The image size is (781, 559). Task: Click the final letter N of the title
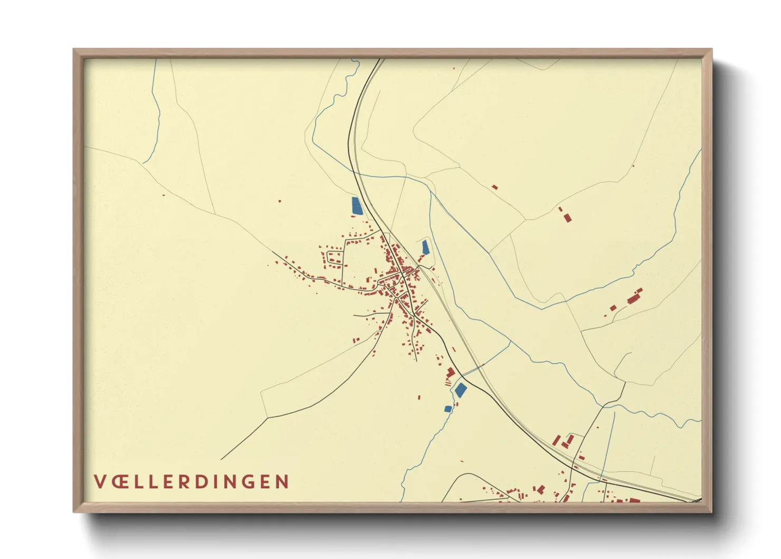pyautogui.click(x=282, y=482)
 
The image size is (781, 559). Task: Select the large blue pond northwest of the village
pyautogui.click(x=357, y=206)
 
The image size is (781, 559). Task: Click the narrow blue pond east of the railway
pyautogui.click(x=425, y=247)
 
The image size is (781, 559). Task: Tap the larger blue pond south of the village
pyautogui.click(x=461, y=390)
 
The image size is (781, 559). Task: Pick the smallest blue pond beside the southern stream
pyautogui.click(x=448, y=408)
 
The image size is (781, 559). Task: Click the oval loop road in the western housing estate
pyautogui.click(x=334, y=258)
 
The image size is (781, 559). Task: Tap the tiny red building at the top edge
pyautogui.click(x=453, y=68)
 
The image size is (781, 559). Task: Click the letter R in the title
pyautogui.click(x=183, y=482)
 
